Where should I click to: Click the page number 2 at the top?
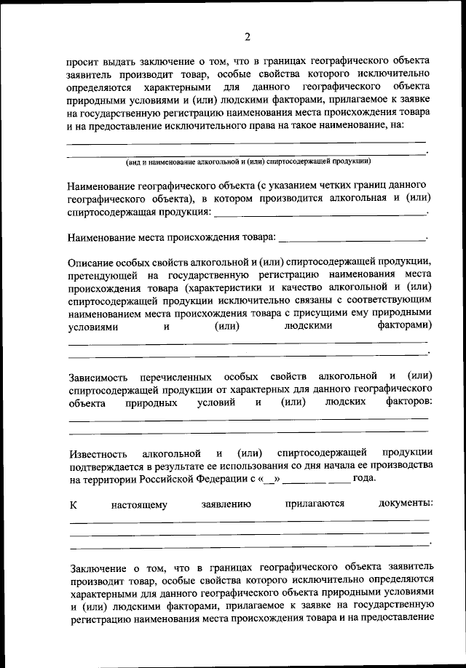(248, 38)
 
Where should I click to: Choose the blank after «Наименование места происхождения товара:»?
(352, 237)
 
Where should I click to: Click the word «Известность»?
(99, 453)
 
